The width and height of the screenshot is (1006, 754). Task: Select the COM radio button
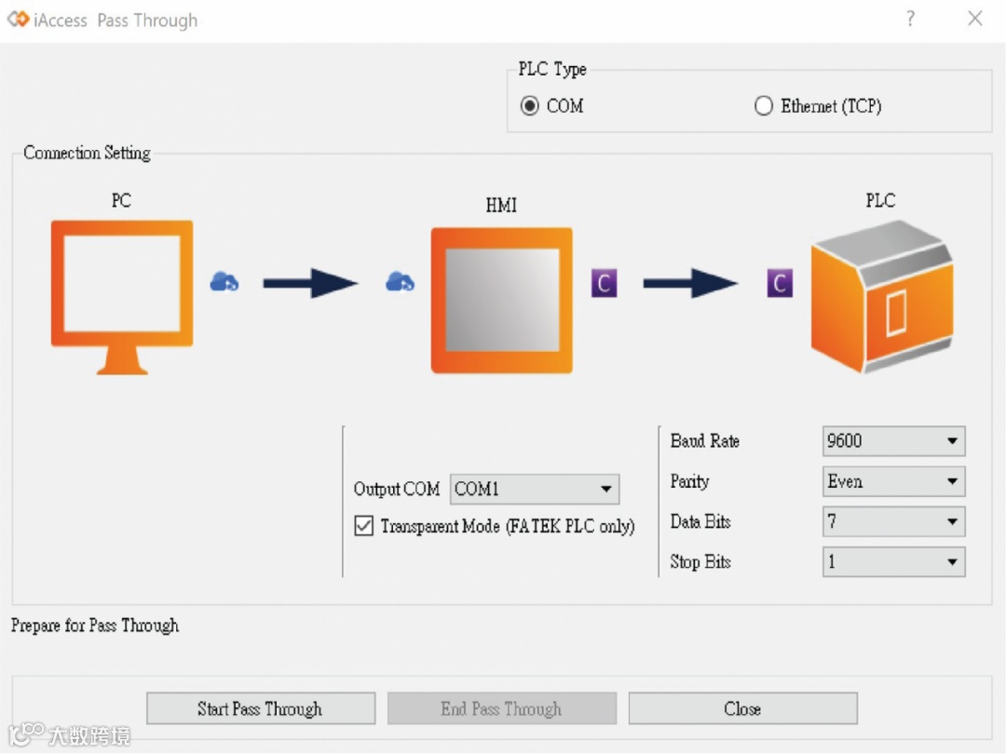530,106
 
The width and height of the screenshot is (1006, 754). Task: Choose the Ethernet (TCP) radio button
764,106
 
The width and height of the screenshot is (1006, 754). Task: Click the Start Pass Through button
261,708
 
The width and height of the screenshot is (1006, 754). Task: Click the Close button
742,708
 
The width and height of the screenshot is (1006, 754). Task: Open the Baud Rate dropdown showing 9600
893,441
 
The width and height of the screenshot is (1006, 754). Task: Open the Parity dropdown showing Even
893,481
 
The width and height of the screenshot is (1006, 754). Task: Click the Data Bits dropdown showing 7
893,521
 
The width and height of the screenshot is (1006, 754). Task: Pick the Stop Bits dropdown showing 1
893,561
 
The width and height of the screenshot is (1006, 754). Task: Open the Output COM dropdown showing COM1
535,489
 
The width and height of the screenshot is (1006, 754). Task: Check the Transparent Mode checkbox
364,526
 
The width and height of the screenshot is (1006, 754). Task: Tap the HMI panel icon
501,299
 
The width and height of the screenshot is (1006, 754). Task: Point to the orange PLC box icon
881,297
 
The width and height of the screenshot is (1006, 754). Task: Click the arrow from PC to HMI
310,283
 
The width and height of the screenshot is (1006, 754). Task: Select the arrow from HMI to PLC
690,283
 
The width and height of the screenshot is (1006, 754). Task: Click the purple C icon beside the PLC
780,283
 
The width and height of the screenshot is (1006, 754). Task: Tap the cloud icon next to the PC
224,281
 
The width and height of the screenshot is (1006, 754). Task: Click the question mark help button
910,19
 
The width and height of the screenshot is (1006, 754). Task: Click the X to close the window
975,19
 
